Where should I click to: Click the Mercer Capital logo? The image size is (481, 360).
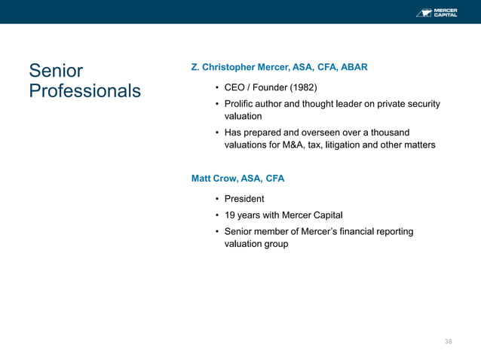pyautogui.click(x=437, y=12)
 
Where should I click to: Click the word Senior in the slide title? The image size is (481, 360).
pyautogui.click(x=56, y=72)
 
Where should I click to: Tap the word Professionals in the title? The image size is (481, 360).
pyautogui.click(x=84, y=91)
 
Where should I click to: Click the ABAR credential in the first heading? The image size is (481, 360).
pyautogui.click(x=354, y=67)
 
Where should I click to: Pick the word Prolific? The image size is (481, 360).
pyautogui.click(x=240, y=104)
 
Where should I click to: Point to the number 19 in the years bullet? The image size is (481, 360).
pyautogui.click(x=230, y=215)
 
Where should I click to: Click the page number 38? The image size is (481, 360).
pyautogui.click(x=449, y=341)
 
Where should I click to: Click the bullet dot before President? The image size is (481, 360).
pyautogui.click(x=216, y=199)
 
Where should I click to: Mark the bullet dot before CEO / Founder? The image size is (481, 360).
pyautogui.click(x=216, y=87)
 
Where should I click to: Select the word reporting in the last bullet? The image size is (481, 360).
pyautogui.click(x=394, y=231)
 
